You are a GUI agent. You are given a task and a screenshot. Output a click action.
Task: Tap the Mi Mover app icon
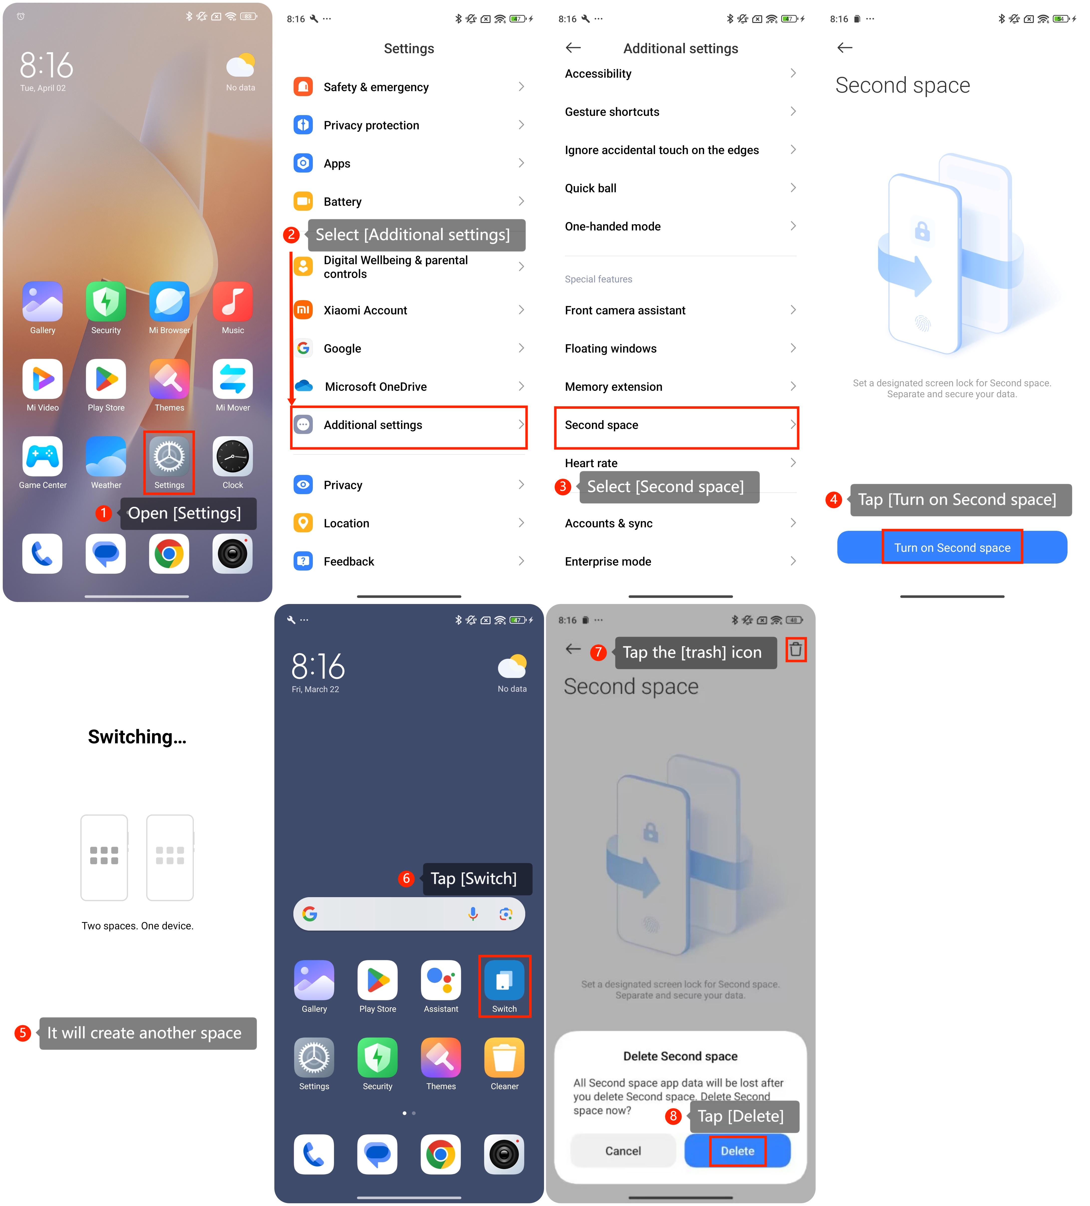click(x=233, y=379)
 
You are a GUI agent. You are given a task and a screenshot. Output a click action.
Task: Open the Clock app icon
click(x=233, y=456)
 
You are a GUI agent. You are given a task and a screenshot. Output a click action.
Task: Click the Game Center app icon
click(x=42, y=456)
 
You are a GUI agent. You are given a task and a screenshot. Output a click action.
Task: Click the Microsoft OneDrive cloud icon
click(x=304, y=386)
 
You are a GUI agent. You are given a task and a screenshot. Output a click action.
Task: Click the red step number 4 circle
click(x=833, y=500)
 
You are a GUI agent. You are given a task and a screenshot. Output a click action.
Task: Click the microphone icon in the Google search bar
click(x=473, y=913)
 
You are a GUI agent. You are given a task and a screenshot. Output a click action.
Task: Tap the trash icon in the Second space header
click(x=795, y=649)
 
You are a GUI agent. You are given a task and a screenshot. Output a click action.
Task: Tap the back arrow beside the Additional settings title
click(x=573, y=48)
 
